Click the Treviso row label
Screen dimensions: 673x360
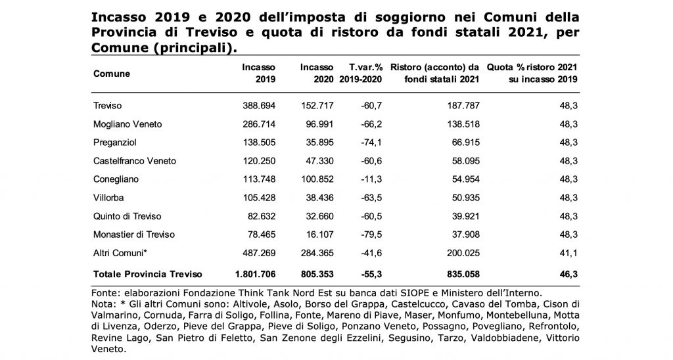click(x=107, y=106)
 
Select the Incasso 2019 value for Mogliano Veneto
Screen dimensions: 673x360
click(x=259, y=124)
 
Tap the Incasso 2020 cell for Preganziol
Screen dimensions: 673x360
click(x=320, y=143)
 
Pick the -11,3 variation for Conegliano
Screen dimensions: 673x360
click(x=371, y=179)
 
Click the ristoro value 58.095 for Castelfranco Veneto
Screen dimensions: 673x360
click(x=466, y=161)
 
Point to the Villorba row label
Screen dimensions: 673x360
click(x=108, y=198)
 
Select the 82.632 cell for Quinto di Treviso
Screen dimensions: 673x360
click(x=262, y=216)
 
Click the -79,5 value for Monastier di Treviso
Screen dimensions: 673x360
click(x=371, y=235)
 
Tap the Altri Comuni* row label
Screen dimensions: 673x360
click(x=120, y=253)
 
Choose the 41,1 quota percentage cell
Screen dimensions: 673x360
click(x=569, y=253)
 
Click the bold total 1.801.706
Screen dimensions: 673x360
click(x=256, y=274)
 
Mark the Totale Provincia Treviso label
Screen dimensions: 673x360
click(x=148, y=274)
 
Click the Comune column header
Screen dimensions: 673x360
click(x=112, y=74)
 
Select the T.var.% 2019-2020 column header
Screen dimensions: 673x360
click(x=361, y=74)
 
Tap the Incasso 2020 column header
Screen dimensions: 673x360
click(x=317, y=74)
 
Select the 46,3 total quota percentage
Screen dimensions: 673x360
click(x=569, y=274)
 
